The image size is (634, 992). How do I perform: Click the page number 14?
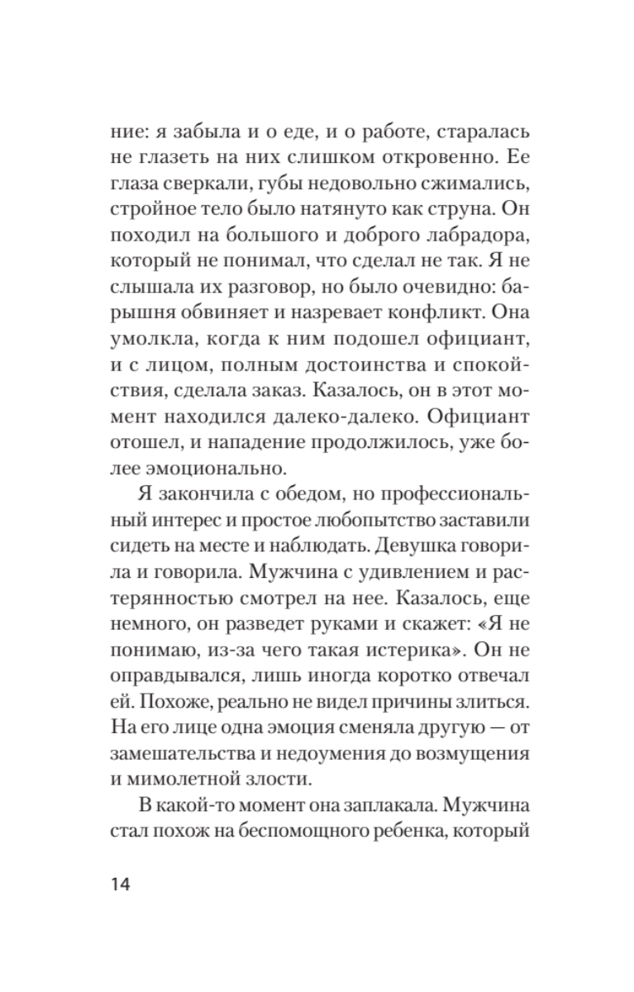coord(120,885)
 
